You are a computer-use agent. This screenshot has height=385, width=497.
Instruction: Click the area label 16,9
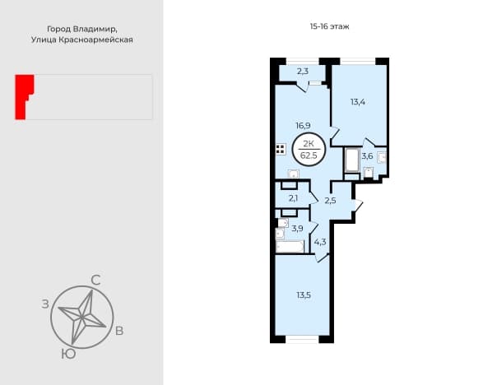[303, 126]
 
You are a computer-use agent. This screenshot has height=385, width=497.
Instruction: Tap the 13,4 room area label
[358, 102]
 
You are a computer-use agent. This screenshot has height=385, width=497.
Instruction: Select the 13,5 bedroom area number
[304, 295]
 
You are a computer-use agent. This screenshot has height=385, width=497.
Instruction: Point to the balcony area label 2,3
[303, 72]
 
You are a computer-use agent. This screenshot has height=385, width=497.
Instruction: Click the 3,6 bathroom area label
[367, 156]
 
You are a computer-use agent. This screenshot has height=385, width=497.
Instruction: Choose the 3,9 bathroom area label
[297, 229]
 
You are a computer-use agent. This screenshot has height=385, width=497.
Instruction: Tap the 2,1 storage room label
[293, 199]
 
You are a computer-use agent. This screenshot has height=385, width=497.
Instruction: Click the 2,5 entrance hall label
[330, 201]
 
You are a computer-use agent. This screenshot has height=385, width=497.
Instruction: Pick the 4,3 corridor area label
[320, 243]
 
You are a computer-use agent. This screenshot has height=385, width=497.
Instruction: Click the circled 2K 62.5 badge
[309, 149]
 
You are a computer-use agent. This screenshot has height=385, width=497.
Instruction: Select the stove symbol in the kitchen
[281, 149]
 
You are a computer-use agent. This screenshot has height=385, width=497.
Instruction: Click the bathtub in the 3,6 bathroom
[352, 160]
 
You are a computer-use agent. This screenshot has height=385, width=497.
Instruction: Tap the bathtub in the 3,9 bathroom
[290, 247]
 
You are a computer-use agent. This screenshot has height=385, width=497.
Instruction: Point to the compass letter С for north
[95, 281]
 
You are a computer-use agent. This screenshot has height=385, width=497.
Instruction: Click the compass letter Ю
[68, 354]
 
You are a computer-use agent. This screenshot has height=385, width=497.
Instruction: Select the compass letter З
[45, 304]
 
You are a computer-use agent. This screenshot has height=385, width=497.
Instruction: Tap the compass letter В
[119, 332]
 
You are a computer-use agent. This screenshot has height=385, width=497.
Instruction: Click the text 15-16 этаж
[330, 26]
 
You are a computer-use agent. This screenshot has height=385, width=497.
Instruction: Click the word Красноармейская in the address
[95, 40]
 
